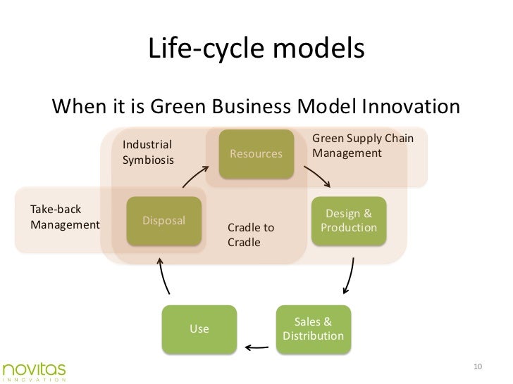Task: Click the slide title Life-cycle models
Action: pos(256,49)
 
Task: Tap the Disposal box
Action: pos(164,221)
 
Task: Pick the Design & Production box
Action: pos(349,221)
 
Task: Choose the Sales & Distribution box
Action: pos(313,329)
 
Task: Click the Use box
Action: pos(199,329)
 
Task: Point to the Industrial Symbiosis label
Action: pos(148,152)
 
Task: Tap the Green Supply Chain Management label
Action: pos(362,146)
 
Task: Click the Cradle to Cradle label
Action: pos(251,235)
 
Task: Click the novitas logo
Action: pos(33,370)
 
